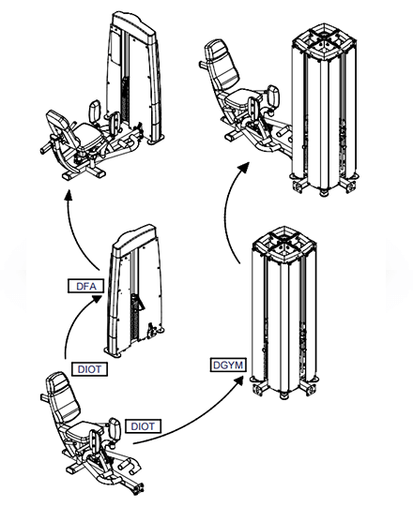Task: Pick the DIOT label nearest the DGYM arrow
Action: pyautogui.click(x=142, y=425)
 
